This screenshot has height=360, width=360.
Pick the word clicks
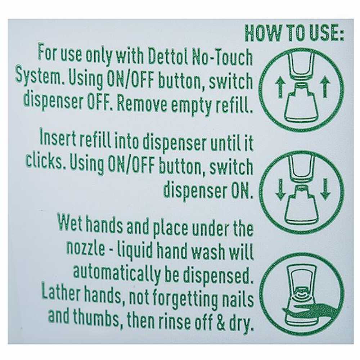click(x=44, y=161)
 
